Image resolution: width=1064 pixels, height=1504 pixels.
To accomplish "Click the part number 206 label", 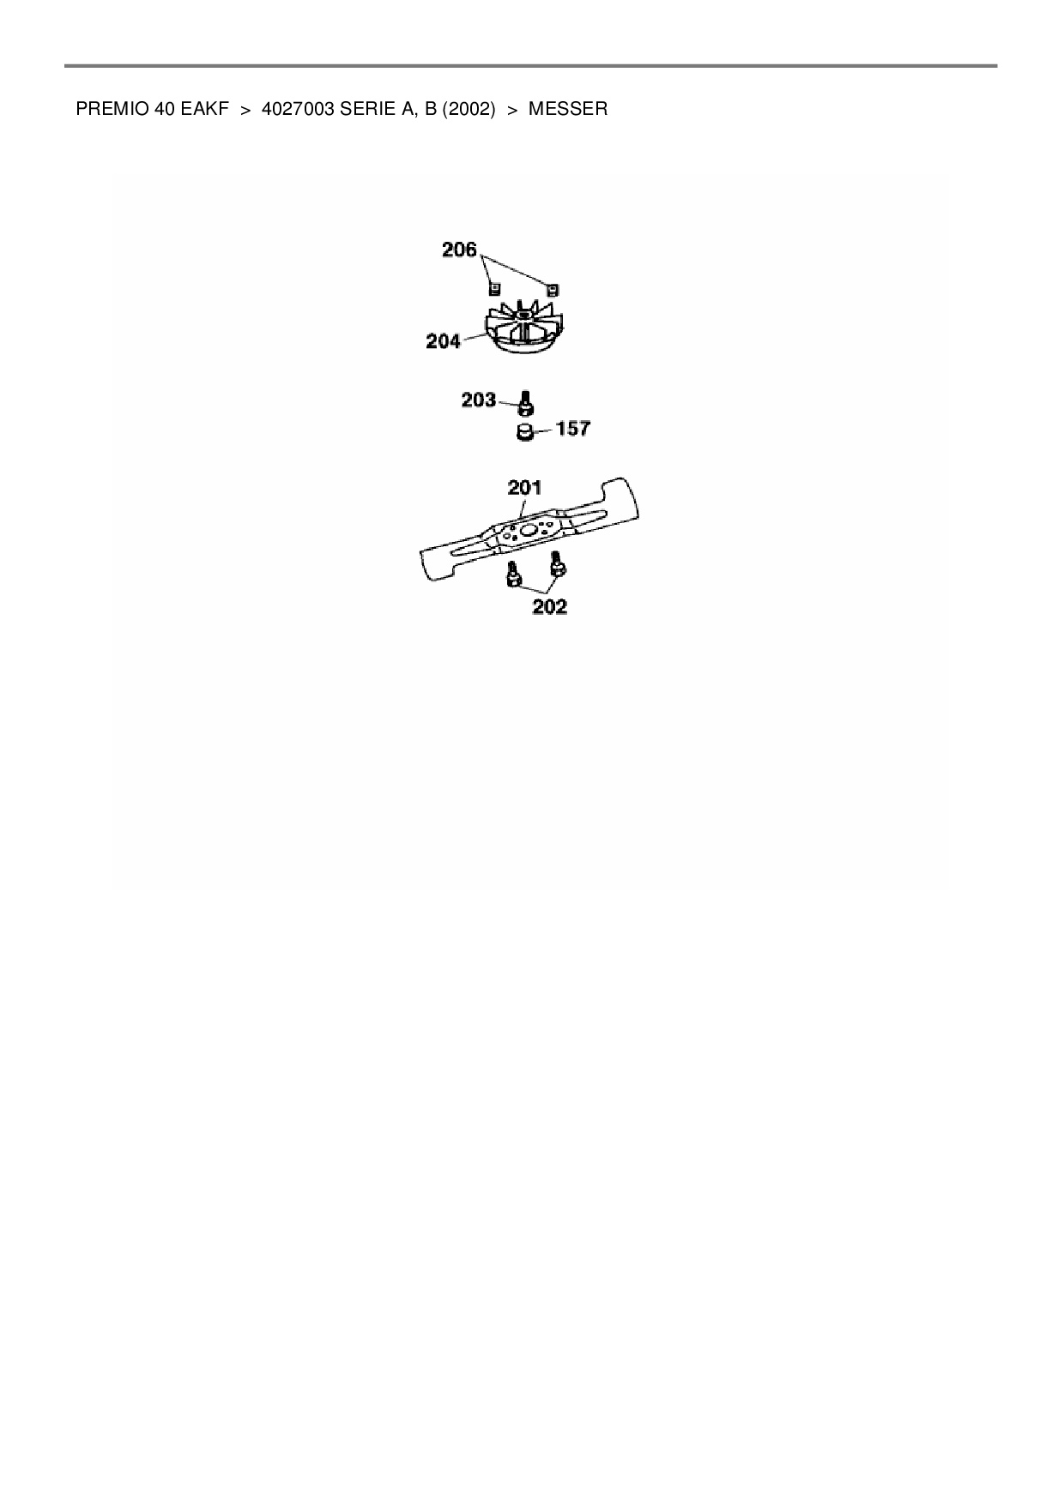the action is pos(459,250).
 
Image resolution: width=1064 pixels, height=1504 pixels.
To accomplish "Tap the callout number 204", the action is pos(444,341).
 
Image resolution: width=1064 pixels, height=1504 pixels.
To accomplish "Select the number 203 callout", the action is pos(479,400).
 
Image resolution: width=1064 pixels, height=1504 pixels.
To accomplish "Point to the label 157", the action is pos(573,428).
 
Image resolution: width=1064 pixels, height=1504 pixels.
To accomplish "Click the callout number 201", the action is pos(524,487).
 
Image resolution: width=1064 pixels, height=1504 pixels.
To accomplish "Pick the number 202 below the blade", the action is pos(549,606).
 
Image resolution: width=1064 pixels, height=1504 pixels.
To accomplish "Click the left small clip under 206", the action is pos(494,289).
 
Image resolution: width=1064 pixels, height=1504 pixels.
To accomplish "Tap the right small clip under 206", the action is pos(553,289).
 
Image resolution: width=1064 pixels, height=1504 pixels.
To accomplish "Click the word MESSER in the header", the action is pos(568,109).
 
